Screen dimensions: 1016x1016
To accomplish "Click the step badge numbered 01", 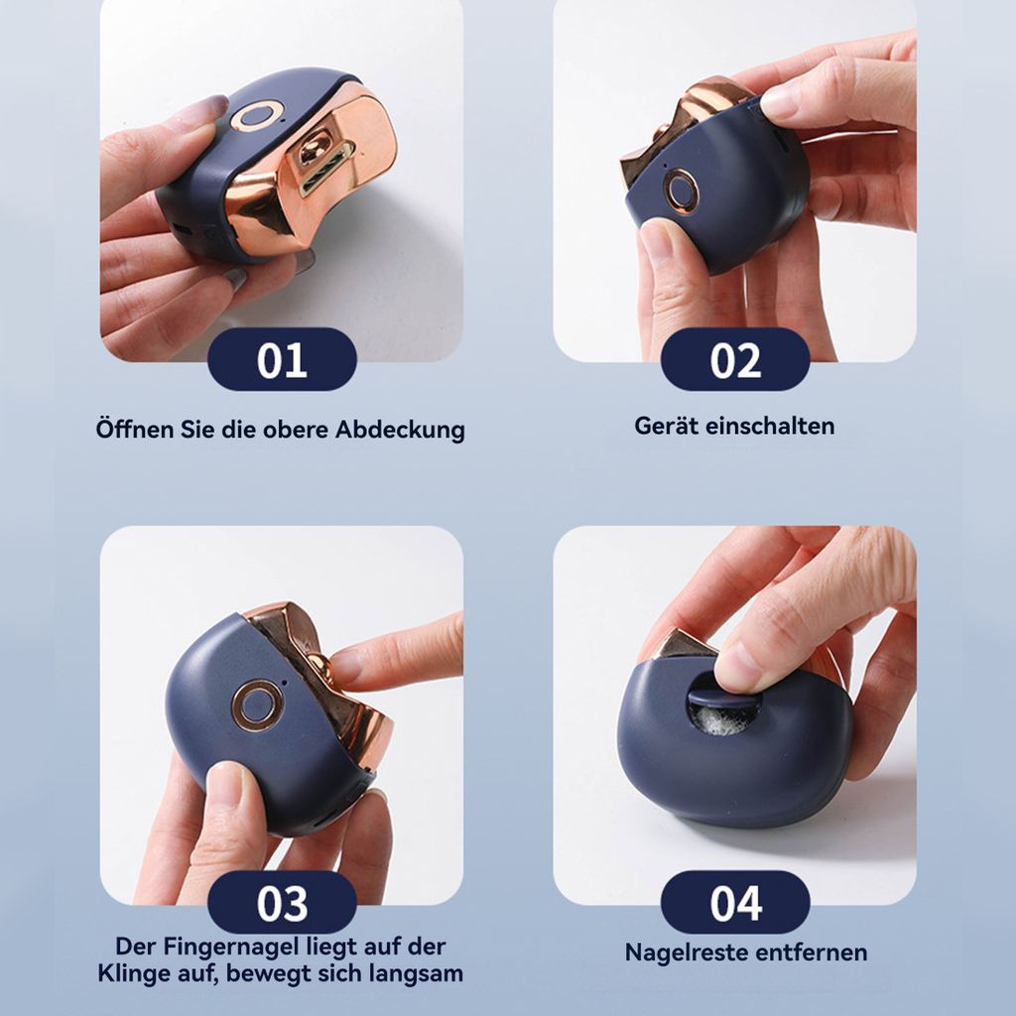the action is tap(282, 359).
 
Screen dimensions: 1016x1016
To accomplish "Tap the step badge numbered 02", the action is tap(735, 359).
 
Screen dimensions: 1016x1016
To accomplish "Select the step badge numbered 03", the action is tap(282, 903).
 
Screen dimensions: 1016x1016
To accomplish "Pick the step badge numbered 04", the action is tap(735, 903).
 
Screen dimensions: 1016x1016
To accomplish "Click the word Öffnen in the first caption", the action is tap(135, 429).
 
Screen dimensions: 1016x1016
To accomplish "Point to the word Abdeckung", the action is tap(400, 431).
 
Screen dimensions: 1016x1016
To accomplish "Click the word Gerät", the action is tap(666, 426).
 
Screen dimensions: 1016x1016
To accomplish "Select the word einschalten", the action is tap(770, 426).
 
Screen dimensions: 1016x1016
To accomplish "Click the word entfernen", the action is tap(812, 953).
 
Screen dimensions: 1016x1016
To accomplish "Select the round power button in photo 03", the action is tap(257, 705).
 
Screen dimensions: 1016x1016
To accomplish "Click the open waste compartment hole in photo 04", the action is tap(721, 709).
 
